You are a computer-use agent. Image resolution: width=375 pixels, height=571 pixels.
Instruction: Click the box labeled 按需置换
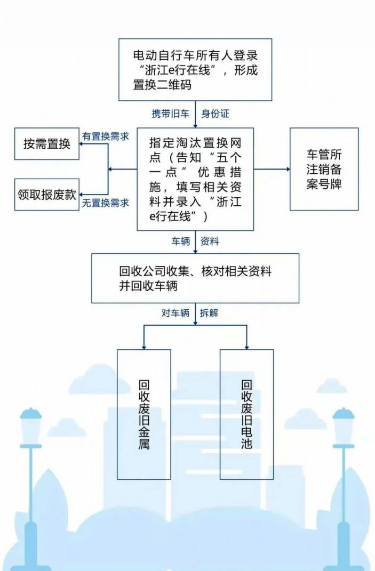click(46, 143)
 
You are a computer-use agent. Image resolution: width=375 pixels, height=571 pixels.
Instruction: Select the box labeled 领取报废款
click(46, 195)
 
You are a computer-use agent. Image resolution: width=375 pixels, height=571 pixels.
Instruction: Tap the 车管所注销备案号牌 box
click(324, 169)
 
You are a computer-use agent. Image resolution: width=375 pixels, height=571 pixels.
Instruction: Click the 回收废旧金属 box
click(144, 414)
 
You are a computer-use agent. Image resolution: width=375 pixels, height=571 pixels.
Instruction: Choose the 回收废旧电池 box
click(247, 414)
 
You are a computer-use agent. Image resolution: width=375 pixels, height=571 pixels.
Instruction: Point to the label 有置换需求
click(105, 136)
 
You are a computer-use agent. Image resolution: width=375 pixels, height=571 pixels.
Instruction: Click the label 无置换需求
click(105, 203)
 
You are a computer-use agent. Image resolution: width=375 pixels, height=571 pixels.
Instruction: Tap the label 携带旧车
click(171, 114)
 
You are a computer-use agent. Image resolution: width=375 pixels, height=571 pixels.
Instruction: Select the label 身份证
click(216, 114)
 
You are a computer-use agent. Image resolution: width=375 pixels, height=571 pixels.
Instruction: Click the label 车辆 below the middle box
click(181, 241)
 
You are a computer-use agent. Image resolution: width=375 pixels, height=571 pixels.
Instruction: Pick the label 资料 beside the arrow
click(210, 241)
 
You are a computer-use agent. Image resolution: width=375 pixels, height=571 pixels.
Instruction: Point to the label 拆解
click(209, 313)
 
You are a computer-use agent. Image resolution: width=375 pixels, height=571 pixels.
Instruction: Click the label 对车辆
click(175, 313)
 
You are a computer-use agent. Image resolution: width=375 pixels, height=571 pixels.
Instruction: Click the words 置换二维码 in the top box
click(162, 84)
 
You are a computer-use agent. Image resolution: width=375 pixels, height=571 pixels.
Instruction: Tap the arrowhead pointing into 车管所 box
click(288, 169)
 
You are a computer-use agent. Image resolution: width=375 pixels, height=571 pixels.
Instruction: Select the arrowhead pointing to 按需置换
click(82, 143)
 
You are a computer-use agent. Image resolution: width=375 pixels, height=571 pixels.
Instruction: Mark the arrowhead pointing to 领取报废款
click(82, 195)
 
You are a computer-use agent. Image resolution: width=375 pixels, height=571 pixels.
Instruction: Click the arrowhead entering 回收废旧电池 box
click(247, 347)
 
